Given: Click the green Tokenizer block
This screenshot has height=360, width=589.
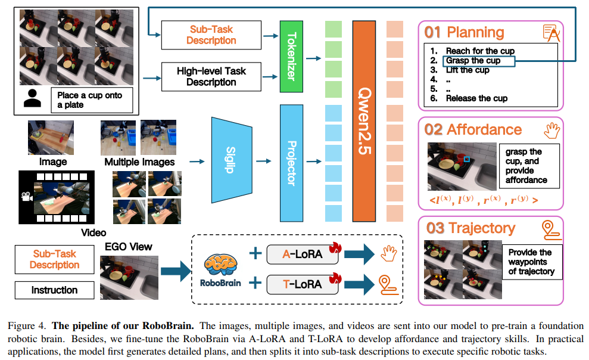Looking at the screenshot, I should click(x=292, y=55).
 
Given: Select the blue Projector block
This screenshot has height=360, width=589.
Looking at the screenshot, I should click(x=292, y=162).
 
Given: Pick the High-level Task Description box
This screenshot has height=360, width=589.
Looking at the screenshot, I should click(x=211, y=76).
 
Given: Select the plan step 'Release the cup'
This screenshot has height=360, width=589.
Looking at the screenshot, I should click(x=476, y=98).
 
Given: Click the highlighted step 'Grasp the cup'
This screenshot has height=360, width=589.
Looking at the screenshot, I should click(x=473, y=61).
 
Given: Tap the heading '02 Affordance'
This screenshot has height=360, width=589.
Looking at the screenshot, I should click(x=473, y=129).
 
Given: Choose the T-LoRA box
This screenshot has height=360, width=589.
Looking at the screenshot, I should click(x=302, y=284).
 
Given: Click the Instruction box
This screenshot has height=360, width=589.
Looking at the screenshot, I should click(x=54, y=290).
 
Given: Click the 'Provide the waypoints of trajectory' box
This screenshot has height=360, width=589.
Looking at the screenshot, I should click(x=530, y=262).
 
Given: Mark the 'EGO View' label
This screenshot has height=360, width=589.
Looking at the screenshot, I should click(x=129, y=246).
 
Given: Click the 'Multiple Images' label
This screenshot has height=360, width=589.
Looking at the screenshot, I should click(x=140, y=162).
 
